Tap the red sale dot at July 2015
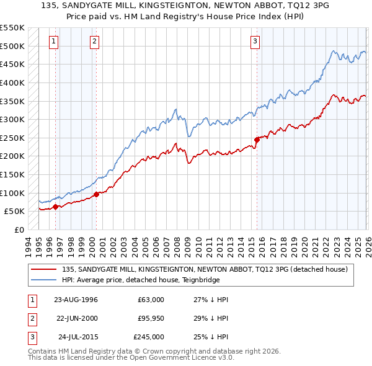click(x=257, y=140)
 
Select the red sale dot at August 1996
click(x=56, y=207)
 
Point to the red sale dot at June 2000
click(x=97, y=194)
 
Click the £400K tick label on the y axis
click(x=12, y=83)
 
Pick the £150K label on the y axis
click(x=12, y=174)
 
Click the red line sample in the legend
click(x=43, y=269)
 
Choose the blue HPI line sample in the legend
click(x=43, y=280)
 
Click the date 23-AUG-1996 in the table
click(x=76, y=300)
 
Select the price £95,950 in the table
click(x=148, y=318)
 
